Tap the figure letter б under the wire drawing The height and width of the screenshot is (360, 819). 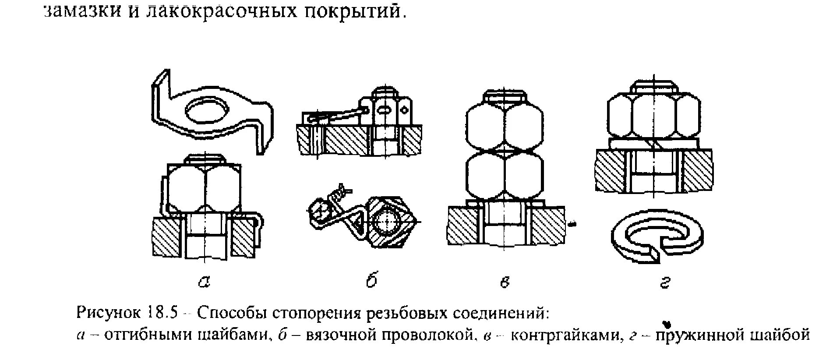click(371, 280)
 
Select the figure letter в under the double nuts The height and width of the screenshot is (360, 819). click(505, 282)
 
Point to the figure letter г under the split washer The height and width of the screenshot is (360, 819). click(664, 282)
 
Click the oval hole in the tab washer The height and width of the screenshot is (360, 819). click(207, 110)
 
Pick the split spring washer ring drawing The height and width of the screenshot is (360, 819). click(657, 238)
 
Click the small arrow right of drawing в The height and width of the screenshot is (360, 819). click(572, 224)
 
